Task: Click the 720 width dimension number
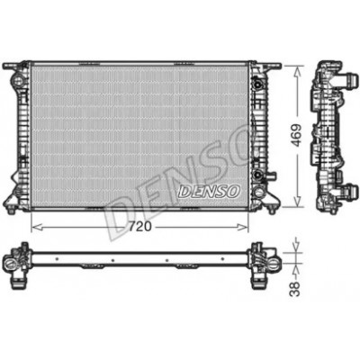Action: [140, 227]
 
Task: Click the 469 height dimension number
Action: [296, 135]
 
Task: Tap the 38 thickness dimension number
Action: [295, 289]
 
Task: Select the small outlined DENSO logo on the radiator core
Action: [210, 191]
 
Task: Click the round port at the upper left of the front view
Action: [18, 80]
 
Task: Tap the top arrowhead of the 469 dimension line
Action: [297, 71]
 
